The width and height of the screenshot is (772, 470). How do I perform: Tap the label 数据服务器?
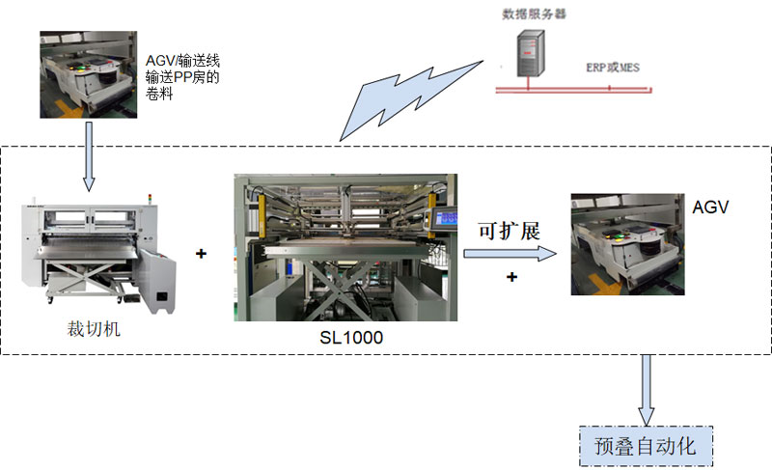(x=528, y=14)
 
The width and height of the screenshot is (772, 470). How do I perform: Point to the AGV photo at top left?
(x=85, y=74)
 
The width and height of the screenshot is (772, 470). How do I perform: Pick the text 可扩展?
(x=509, y=232)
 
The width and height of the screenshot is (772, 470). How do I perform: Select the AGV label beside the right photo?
(x=709, y=207)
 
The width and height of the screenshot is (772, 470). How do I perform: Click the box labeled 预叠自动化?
(x=646, y=446)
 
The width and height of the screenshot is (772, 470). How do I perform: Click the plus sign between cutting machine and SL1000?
(x=201, y=254)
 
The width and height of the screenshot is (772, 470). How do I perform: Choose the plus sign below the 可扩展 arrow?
(x=511, y=277)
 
